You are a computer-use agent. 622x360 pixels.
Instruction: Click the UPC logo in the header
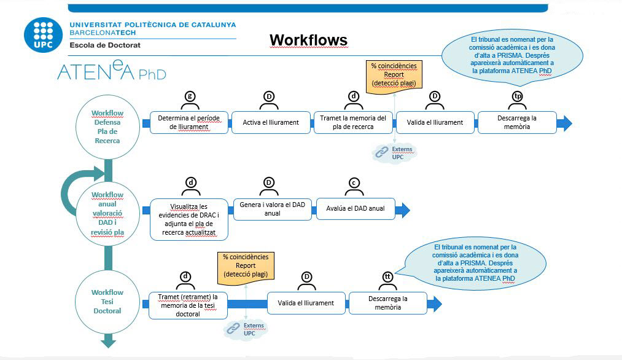[x=43, y=34]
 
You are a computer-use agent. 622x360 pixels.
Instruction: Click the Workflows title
[x=308, y=41]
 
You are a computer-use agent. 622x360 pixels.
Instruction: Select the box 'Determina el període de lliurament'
[x=189, y=122]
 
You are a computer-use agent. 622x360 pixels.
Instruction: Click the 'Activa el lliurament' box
[x=271, y=122]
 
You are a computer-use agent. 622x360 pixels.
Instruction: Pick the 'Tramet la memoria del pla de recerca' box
[x=353, y=122]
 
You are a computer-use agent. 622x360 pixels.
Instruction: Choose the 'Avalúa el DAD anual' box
[x=356, y=209]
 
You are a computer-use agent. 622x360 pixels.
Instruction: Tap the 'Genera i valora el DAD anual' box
[x=272, y=209]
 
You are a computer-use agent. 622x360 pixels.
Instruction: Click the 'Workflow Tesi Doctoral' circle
[x=108, y=302]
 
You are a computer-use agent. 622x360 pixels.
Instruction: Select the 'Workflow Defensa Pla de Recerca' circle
[x=108, y=127]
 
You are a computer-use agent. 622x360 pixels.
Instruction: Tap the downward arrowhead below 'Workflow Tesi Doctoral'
[x=108, y=341]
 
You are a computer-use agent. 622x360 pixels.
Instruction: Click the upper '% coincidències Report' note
[x=394, y=74]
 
